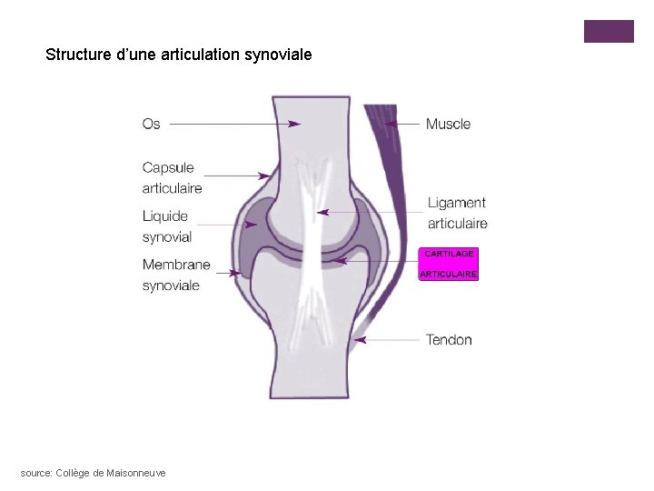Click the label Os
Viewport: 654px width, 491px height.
[x=151, y=124]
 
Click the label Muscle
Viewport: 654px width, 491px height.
[x=448, y=124]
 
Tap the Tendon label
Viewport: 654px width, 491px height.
[x=449, y=340]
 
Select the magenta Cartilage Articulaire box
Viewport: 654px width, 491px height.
[x=448, y=264]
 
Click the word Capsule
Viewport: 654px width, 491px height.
[x=168, y=168]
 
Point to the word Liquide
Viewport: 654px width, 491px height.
[x=164, y=216]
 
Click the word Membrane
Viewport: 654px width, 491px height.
[x=175, y=265]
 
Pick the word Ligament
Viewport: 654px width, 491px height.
[x=456, y=203]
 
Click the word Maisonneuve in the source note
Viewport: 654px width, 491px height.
[x=136, y=473]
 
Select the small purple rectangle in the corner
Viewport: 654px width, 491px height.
[x=608, y=31]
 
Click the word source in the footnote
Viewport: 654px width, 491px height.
[x=35, y=473]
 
